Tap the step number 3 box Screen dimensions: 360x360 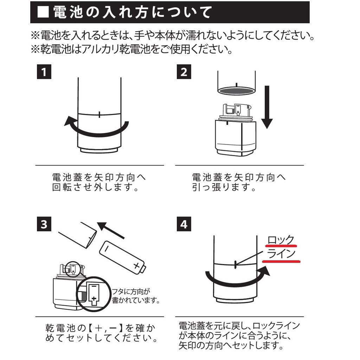tap(44, 224)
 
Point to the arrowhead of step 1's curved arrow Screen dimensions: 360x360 tap(69, 121)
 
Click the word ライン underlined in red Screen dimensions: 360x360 tap(281, 254)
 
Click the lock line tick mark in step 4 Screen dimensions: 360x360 tap(234, 264)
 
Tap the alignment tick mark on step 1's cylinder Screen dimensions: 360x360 tap(100, 115)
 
